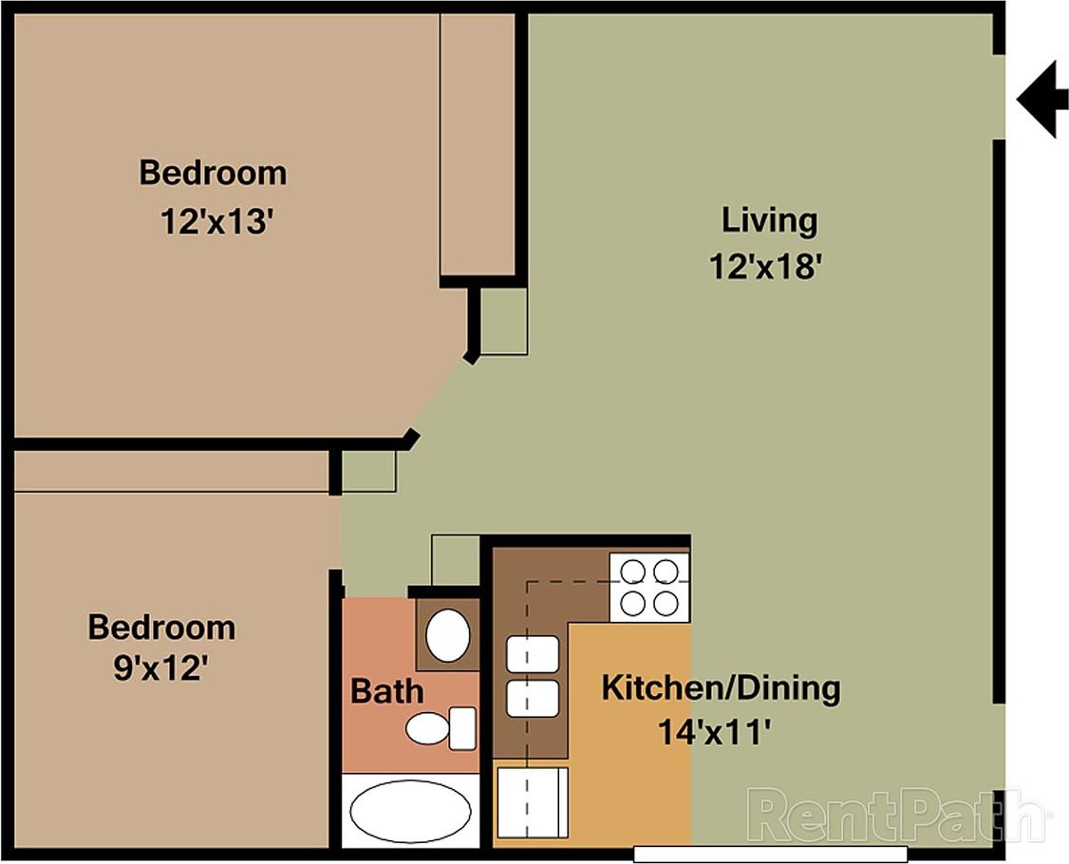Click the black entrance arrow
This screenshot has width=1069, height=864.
pos(1039,99)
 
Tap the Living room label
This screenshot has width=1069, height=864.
pos(769,220)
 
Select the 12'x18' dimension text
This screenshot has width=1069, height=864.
pos(764,268)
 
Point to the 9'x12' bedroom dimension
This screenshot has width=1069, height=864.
pos(160,669)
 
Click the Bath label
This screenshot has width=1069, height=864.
pos(387,690)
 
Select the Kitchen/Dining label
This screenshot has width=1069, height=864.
pos(721,686)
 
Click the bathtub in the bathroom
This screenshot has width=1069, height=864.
pos(410,812)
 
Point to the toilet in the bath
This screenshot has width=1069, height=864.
pos(441,727)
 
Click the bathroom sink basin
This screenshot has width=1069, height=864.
pos(447,635)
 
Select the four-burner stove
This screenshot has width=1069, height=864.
pos(649,587)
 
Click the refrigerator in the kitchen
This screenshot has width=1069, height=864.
pos(531,802)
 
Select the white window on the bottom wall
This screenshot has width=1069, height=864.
pos(770,855)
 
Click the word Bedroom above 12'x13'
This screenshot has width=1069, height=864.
pos(213,174)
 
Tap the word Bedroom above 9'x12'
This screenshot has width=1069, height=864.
pos(161,628)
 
